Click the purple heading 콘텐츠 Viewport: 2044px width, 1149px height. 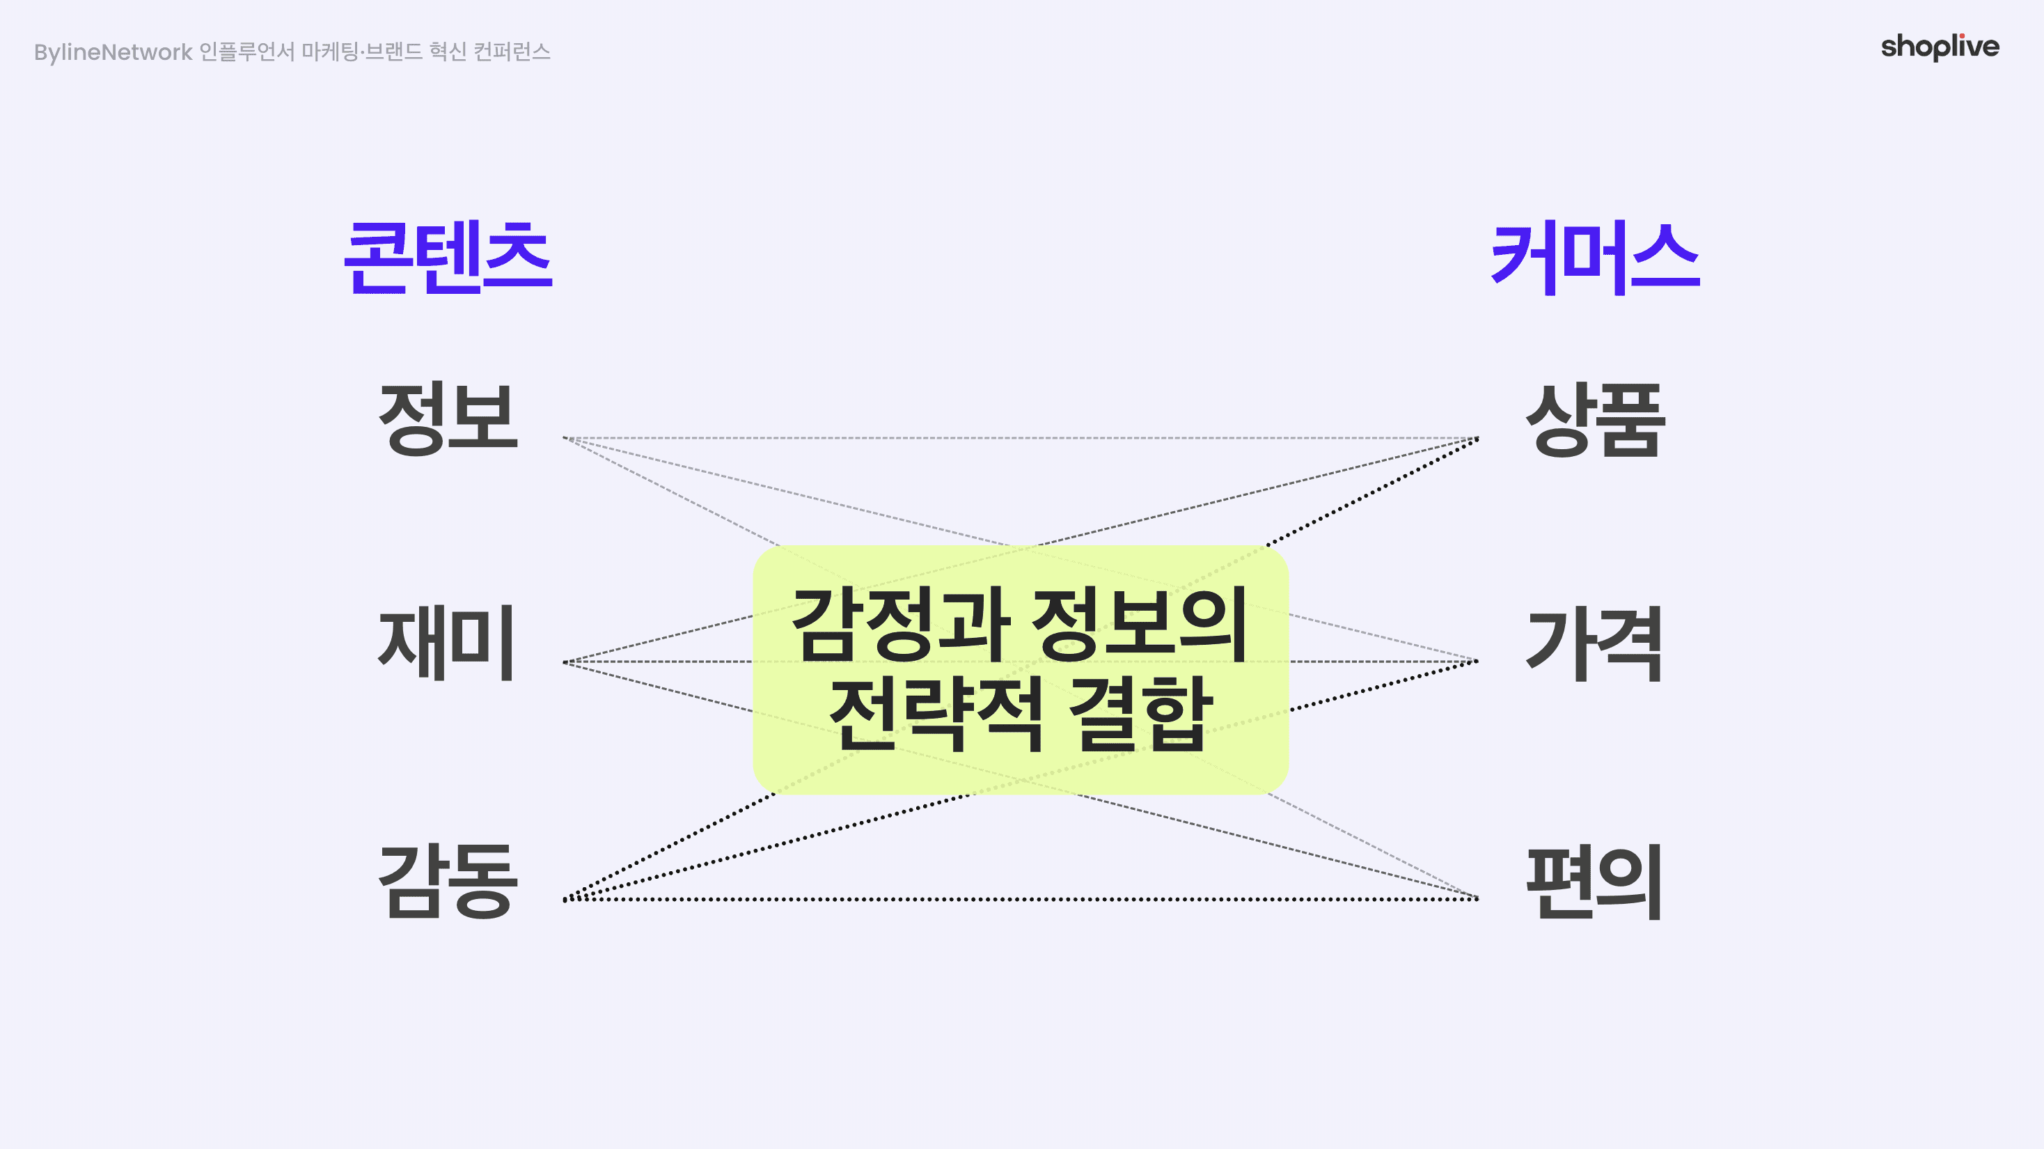pyautogui.click(x=448, y=257)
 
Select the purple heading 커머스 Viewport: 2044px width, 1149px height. pyautogui.click(x=1595, y=257)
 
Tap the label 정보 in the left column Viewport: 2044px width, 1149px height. pyautogui.click(x=448, y=419)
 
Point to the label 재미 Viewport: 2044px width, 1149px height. pyautogui.click(x=447, y=643)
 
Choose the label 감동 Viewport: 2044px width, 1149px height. pyautogui.click(x=448, y=881)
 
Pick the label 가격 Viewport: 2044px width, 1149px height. pyautogui.click(x=1594, y=643)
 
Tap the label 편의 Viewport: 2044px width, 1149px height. pyautogui.click(x=1594, y=882)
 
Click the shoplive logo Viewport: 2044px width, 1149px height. pyautogui.click(x=1940, y=47)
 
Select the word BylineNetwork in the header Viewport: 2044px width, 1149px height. pyautogui.click(x=113, y=52)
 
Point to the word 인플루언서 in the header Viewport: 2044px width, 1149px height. pyautogui.click(x=246, y=52)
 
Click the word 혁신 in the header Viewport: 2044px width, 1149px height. pyautogui.click(x=448, y=52)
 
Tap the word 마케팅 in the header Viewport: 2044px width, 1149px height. pyautogui.click(x=329, y=52)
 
